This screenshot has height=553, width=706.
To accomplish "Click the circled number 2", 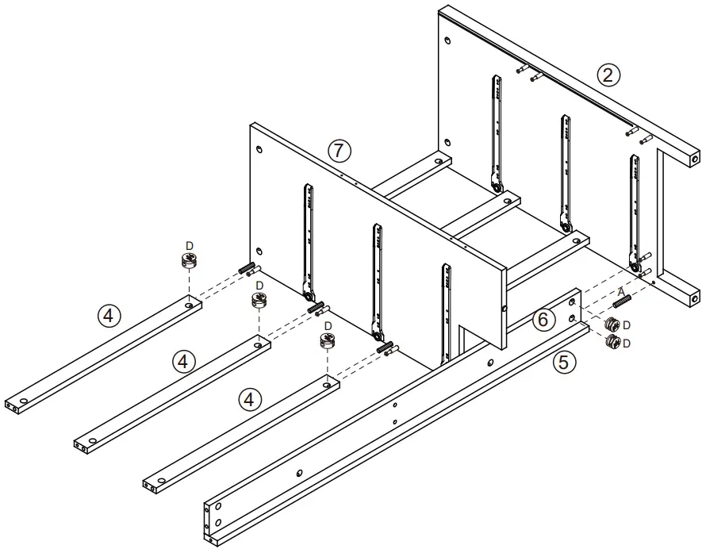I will tap(608, 75).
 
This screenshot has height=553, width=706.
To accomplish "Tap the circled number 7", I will tap(339, 149).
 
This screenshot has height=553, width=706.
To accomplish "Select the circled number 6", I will tap(542, 320).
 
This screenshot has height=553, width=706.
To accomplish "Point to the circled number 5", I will tap(563, 363).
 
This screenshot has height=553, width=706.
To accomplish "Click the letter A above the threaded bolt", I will tap(620, 292).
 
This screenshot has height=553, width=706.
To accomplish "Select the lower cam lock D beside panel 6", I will tap(612, 343).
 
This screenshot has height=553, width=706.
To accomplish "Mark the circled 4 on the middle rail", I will tap(184, 362).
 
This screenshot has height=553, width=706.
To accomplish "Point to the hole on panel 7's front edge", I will tap(504, 308).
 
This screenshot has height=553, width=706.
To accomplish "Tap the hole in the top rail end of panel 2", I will tap(695, 158).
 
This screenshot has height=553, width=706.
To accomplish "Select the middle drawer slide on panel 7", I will tap(375, 278).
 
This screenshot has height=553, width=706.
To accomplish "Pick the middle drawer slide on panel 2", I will tap(565, 172).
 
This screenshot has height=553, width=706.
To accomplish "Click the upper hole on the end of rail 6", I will tap(572, 302).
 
